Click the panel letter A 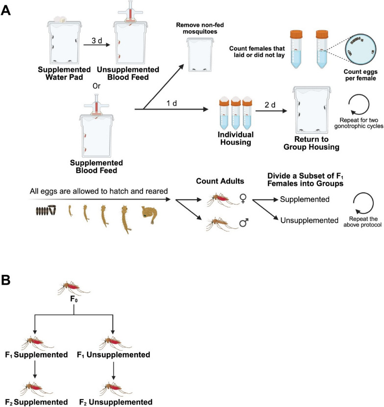[x=6, y=10]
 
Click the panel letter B [x=6, y=280]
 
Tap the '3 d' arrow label [x=96, y=41]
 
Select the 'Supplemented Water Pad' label [x=64, y=73]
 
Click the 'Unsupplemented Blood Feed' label [x=128, y=73]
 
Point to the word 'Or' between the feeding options [x=96, y=86]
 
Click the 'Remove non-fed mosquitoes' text [x=200, y=28]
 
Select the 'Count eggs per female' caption [x=360, y=75]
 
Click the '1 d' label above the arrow [x=171, y=103]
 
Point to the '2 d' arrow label [x=270, y=105]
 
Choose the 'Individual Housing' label [x=236, y=138]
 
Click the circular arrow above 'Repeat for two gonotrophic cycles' [x=359, y=104]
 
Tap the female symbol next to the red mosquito [x=243, y=198]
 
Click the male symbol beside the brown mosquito [x=244, y=223]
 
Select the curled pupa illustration [x=149, y=215]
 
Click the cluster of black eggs [x=46, y=210]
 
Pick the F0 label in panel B [x=74, y=299]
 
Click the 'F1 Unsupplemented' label [x=114, y=355]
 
